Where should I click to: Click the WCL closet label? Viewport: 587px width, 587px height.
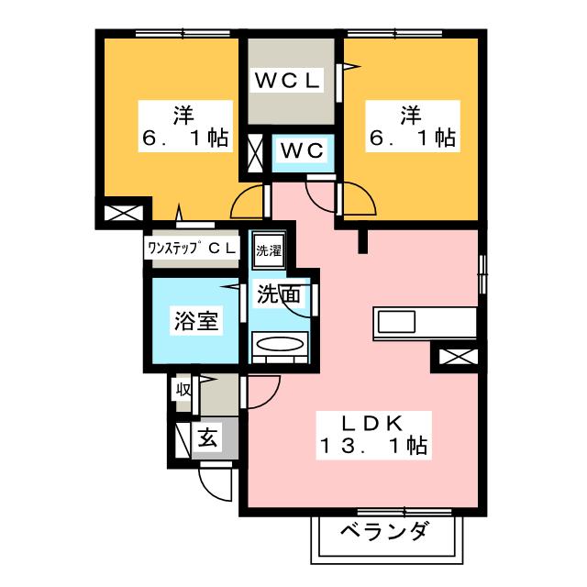(286, 81)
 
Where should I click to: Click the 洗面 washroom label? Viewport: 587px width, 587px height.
(279, 295)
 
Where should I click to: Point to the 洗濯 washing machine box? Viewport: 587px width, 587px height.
(268, 250)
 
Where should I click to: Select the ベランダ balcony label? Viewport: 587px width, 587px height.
(385, 532)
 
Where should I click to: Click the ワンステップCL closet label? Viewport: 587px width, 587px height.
(191, 248)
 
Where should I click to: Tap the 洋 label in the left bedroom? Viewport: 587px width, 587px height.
(182, 116)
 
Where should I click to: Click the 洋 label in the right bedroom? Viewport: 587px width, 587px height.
(410, 116)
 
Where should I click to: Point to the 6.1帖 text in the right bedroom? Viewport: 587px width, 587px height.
(413, 139)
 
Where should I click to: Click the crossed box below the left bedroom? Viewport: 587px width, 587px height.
(123, 215)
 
